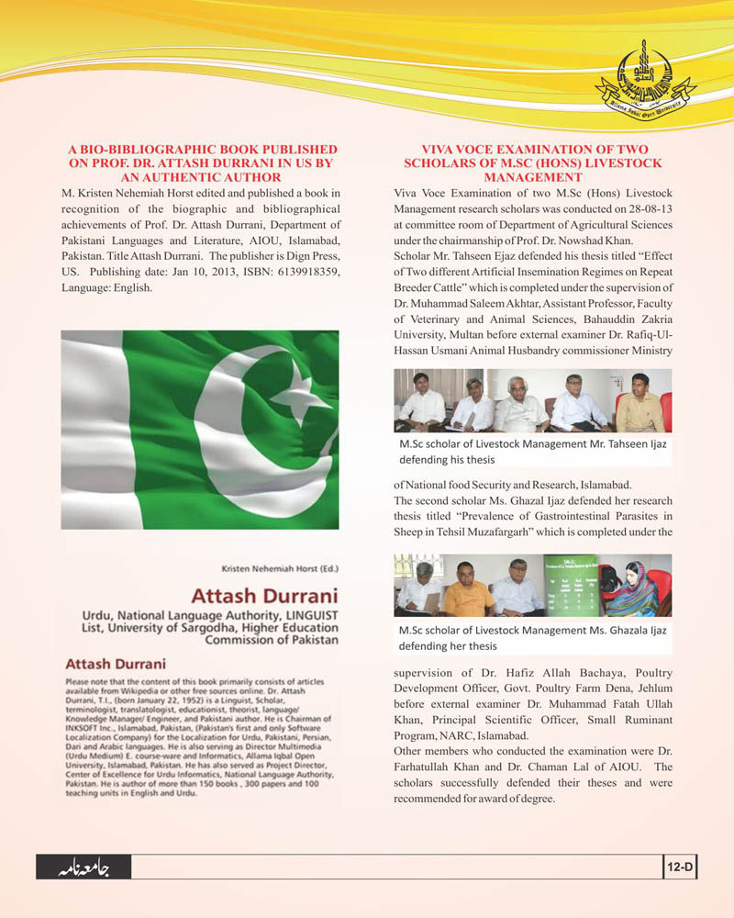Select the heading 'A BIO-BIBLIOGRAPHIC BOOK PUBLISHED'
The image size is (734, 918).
pos(204,149)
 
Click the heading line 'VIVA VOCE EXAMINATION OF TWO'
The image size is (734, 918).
pos(533,149)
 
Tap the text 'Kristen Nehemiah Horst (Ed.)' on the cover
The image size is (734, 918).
pos(280,568)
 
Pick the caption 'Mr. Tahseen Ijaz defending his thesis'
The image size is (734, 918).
pos(532,451)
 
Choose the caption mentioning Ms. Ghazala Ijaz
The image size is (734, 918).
pos(532,638)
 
